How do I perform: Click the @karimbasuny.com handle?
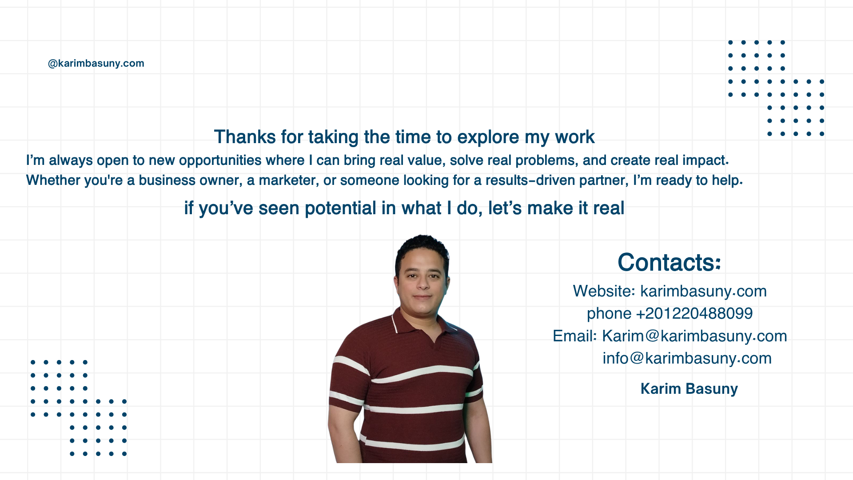pyautogui.click(x=96, y=64)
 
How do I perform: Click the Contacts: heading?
pyautogui.click(x=669, y=262)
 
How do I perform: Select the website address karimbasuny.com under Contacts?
pyautogui.click(x=703, y=292)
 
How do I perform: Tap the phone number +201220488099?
pyautogui.click(x=694, y=314)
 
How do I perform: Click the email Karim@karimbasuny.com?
pyautogui.click(x=694, y=336)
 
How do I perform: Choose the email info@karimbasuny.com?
pyautogui.click(x=687, y=359)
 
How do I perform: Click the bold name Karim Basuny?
pyautogui.click(x=689, y=389)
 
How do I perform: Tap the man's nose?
pyautogui.click(x=422, y=282)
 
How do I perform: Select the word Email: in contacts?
pyautogui.click(x=575, y=336)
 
